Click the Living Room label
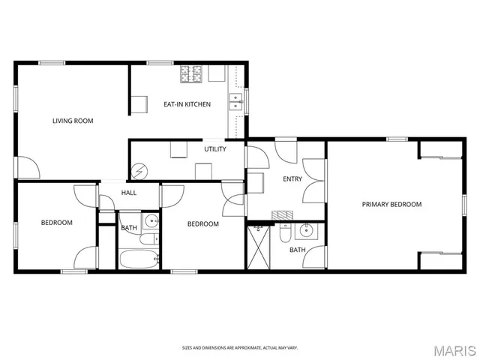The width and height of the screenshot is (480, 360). (x=73, y=120)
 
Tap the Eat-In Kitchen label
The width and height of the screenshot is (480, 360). (x=187, y=104)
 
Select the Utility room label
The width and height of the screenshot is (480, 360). (x=215, y=148)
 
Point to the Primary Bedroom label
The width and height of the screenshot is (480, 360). (x=391, y=204)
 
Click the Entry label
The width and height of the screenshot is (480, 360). (x=292, y=178)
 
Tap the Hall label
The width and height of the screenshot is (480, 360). (x=129, y=193)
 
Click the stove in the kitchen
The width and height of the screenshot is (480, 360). (x=191, y=73)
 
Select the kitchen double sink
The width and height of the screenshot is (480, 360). (x=236, y=101)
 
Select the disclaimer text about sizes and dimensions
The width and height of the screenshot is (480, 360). (x=240, y=347)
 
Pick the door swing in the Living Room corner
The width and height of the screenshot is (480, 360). (x=28, y=167)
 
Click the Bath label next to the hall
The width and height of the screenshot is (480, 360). (x=129, y=227)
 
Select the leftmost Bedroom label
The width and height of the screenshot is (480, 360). (x=56, y=223)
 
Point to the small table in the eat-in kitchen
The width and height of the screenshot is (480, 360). (x=139, y=103)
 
